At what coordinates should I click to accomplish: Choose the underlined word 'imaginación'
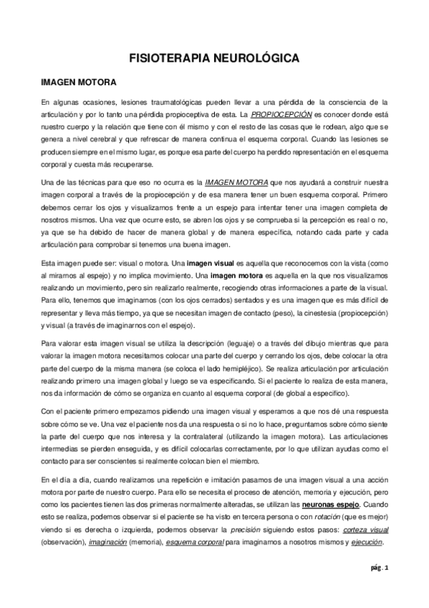pyautogui.click(x=107, y=542)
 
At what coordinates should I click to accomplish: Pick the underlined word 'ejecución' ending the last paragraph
pyautogui.click(x=366, y=542)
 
